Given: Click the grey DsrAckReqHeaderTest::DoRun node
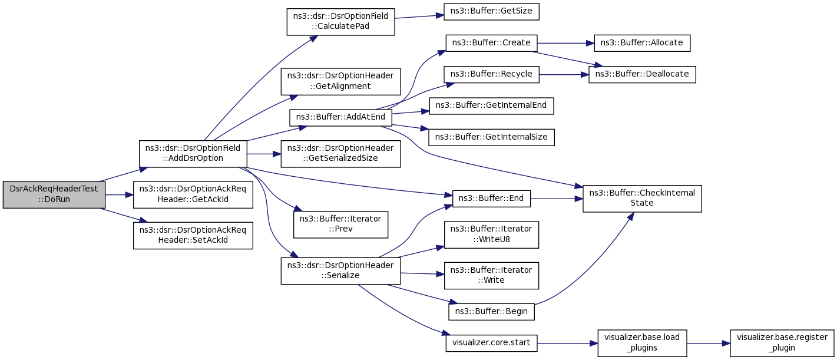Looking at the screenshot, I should [54, 194].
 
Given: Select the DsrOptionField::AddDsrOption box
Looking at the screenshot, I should [193, 153].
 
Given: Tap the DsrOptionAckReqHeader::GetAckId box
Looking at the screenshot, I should [193, 194].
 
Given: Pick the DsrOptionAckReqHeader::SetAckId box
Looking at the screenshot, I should [193, 236].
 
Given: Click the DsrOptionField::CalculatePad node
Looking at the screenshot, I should [340, 22].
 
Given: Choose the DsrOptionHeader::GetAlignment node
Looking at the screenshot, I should [340, 81].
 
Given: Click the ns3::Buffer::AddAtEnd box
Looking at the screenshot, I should [340, 118].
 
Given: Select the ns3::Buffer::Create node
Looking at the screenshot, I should [491, 43].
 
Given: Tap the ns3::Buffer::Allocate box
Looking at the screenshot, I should [642, 43].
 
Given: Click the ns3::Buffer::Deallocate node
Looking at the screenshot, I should [642, 74].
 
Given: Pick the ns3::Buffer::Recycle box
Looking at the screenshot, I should [491, 74].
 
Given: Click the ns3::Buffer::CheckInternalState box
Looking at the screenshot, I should [642, 198].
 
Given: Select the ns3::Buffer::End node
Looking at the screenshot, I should [491, 198].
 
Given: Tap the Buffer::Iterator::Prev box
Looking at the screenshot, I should [340, 224].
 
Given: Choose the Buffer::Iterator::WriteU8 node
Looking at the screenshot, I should [491, 234].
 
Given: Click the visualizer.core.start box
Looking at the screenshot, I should [491, 342].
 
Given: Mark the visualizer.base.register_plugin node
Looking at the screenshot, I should [782, 342].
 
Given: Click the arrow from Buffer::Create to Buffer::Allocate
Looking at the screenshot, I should [562, 43].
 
